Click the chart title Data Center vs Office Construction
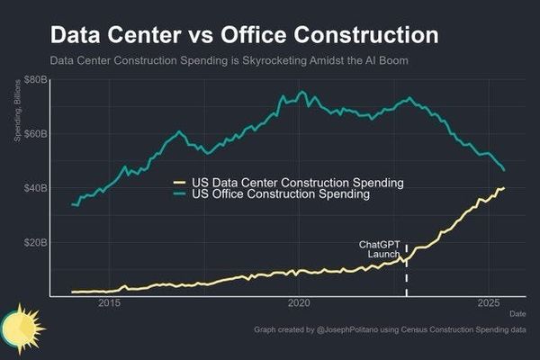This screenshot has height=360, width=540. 244,35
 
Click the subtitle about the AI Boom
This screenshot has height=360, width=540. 236,61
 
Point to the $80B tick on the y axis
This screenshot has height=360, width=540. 34,80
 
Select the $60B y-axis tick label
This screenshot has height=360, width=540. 34,134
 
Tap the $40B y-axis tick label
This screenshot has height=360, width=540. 34,188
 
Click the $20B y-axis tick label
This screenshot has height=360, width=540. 34,242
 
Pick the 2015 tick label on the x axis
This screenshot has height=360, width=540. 110,302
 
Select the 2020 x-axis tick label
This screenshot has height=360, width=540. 299,302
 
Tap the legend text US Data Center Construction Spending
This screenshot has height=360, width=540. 298,183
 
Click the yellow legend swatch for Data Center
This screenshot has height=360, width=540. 180,183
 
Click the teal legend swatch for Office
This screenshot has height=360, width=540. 180,194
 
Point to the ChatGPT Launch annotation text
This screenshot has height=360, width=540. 379,249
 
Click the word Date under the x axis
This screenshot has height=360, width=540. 517,313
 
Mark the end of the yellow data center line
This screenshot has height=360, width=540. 504,188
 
